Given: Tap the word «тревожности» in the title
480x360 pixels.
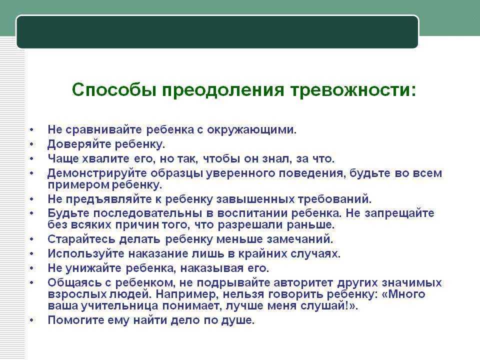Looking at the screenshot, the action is (353, 90).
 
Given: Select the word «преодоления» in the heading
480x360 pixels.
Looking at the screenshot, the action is (223, 90).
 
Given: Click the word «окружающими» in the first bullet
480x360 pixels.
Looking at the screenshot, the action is (251, 130).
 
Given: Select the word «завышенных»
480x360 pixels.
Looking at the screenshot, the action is (255, 199).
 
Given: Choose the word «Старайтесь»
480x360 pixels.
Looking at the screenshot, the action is (81, 239).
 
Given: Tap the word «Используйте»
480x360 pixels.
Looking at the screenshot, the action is (86, 254).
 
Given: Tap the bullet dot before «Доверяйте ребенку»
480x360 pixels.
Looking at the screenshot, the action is (31, 144).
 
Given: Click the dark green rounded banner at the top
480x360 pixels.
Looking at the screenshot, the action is (217, 32).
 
